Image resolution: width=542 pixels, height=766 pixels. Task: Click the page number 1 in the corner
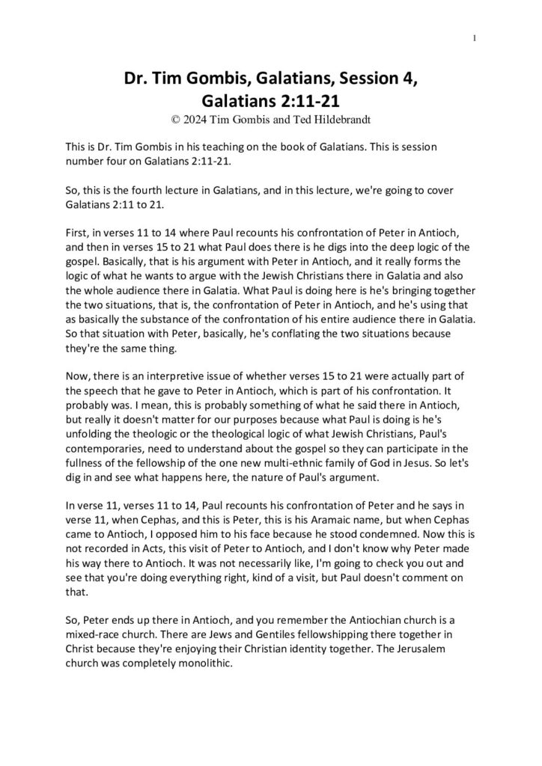(475, 38)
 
